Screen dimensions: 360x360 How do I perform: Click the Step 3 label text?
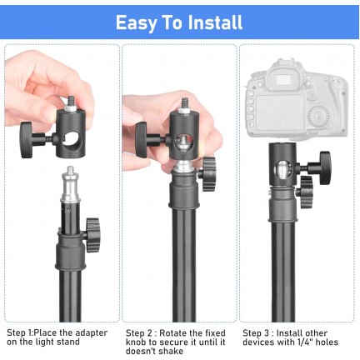pyautogui.click(x=258, y=332)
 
